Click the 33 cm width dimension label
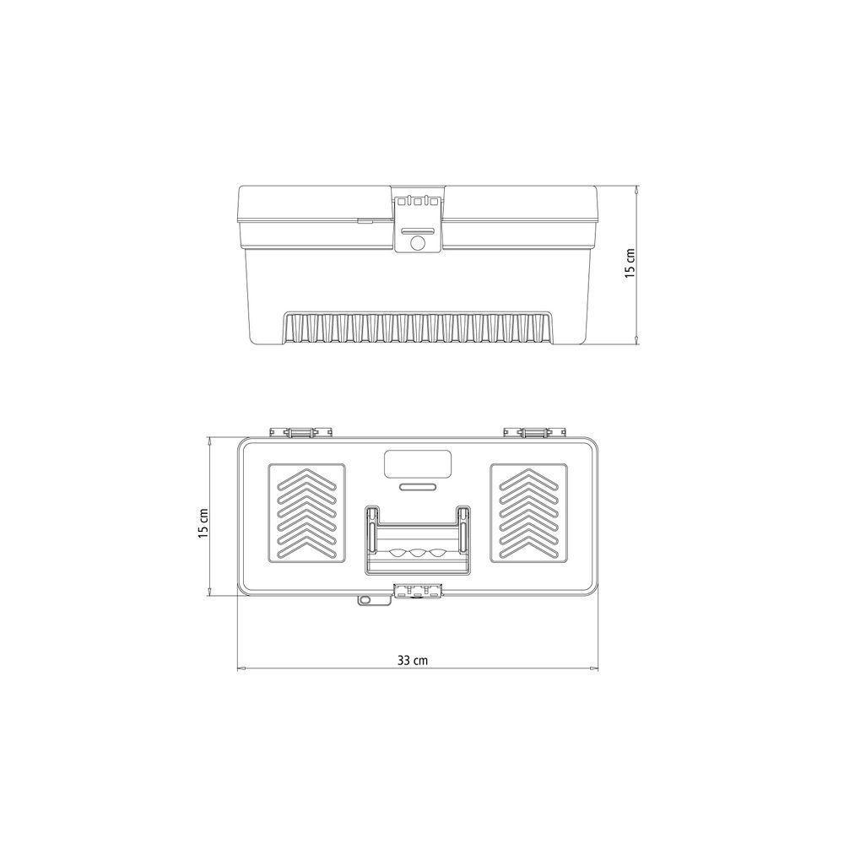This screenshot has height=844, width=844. click(x=413, y=660)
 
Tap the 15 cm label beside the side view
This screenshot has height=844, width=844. click(x=630, y=262)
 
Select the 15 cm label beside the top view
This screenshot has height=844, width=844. click(x=203, y=523)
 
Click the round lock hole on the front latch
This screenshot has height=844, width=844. click(x=417, y=243)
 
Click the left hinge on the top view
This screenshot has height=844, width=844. click(x=300, y=432)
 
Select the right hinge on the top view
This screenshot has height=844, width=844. click(x=536, y=432)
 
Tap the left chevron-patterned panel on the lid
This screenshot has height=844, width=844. click(x=306, y=513)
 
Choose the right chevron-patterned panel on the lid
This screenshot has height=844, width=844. click(x=528, y=513)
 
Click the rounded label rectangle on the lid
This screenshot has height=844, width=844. click(x=417, y=463)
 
